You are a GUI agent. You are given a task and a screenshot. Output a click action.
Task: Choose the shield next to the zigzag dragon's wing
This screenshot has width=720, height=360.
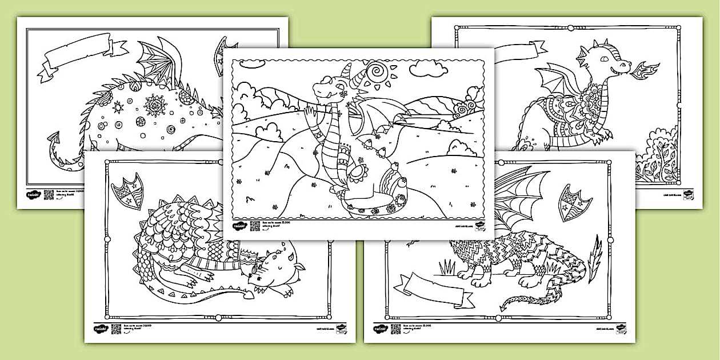pyautogui.click(x=574, y=199)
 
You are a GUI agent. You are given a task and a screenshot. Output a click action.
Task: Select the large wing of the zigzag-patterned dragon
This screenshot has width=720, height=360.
pyautogui.click(x=517, y=201)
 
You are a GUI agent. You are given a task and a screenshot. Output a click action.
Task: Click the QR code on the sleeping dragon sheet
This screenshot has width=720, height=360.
pyautogui.click(x=116, y=329)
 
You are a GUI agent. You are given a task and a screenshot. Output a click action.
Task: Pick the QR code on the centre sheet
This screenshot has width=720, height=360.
pyautogui.click(x=255, y=226)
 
